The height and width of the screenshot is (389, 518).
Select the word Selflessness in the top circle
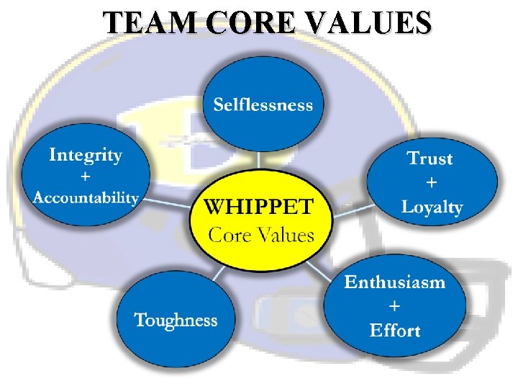(263, 105)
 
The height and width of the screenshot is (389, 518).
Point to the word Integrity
(86, 155)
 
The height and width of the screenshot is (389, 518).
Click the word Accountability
(86, 197)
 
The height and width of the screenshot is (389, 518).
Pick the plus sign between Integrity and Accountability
(86, 176)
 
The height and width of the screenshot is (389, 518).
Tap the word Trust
(430, 158)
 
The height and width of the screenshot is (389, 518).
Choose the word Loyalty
(432, 207)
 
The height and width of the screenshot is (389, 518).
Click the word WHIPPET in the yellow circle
(259, 207)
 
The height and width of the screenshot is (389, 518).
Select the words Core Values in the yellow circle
(261, 235)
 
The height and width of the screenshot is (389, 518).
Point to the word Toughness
(176, 320)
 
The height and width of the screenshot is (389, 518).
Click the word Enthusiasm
(394, 282)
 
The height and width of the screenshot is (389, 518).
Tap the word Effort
(394, 331)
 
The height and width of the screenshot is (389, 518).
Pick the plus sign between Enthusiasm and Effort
(394, 306)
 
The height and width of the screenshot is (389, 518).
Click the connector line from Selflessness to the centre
(263, 161)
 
